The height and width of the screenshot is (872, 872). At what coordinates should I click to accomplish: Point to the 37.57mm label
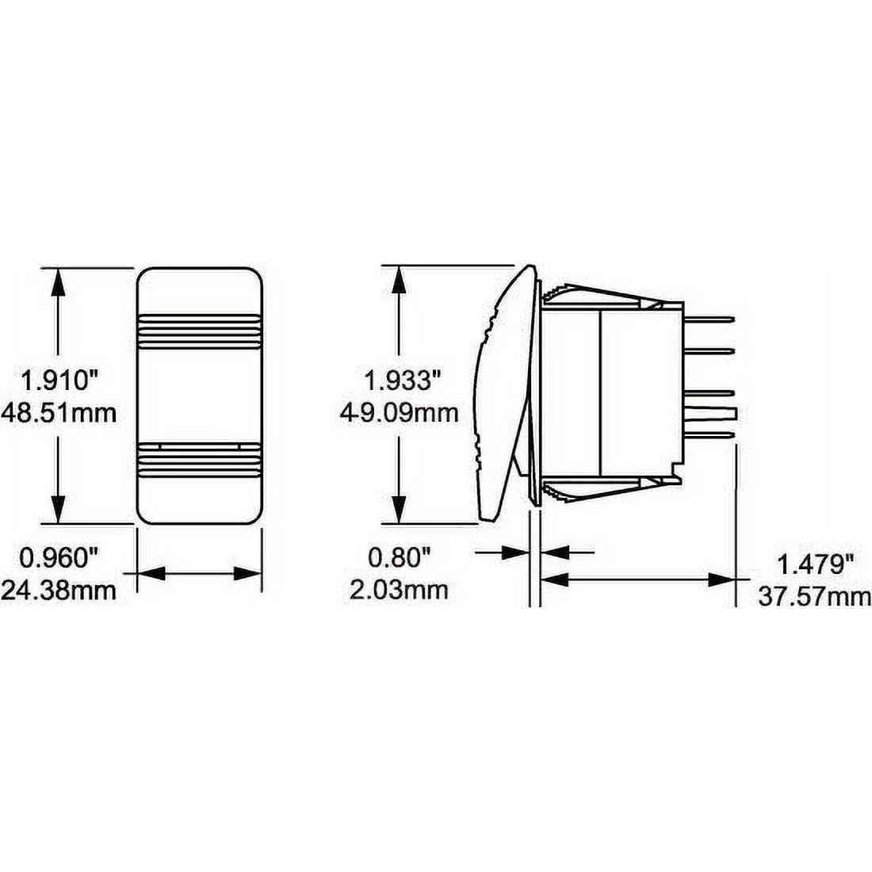point(815,595)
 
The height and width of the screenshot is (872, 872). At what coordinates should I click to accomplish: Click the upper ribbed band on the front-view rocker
point(200,331)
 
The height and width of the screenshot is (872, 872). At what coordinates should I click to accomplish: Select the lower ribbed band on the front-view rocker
point(200,460)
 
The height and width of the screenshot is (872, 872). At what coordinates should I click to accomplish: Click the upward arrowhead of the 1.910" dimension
point(56,281)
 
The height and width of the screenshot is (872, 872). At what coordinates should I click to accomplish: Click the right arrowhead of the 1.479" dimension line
point(723,580)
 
